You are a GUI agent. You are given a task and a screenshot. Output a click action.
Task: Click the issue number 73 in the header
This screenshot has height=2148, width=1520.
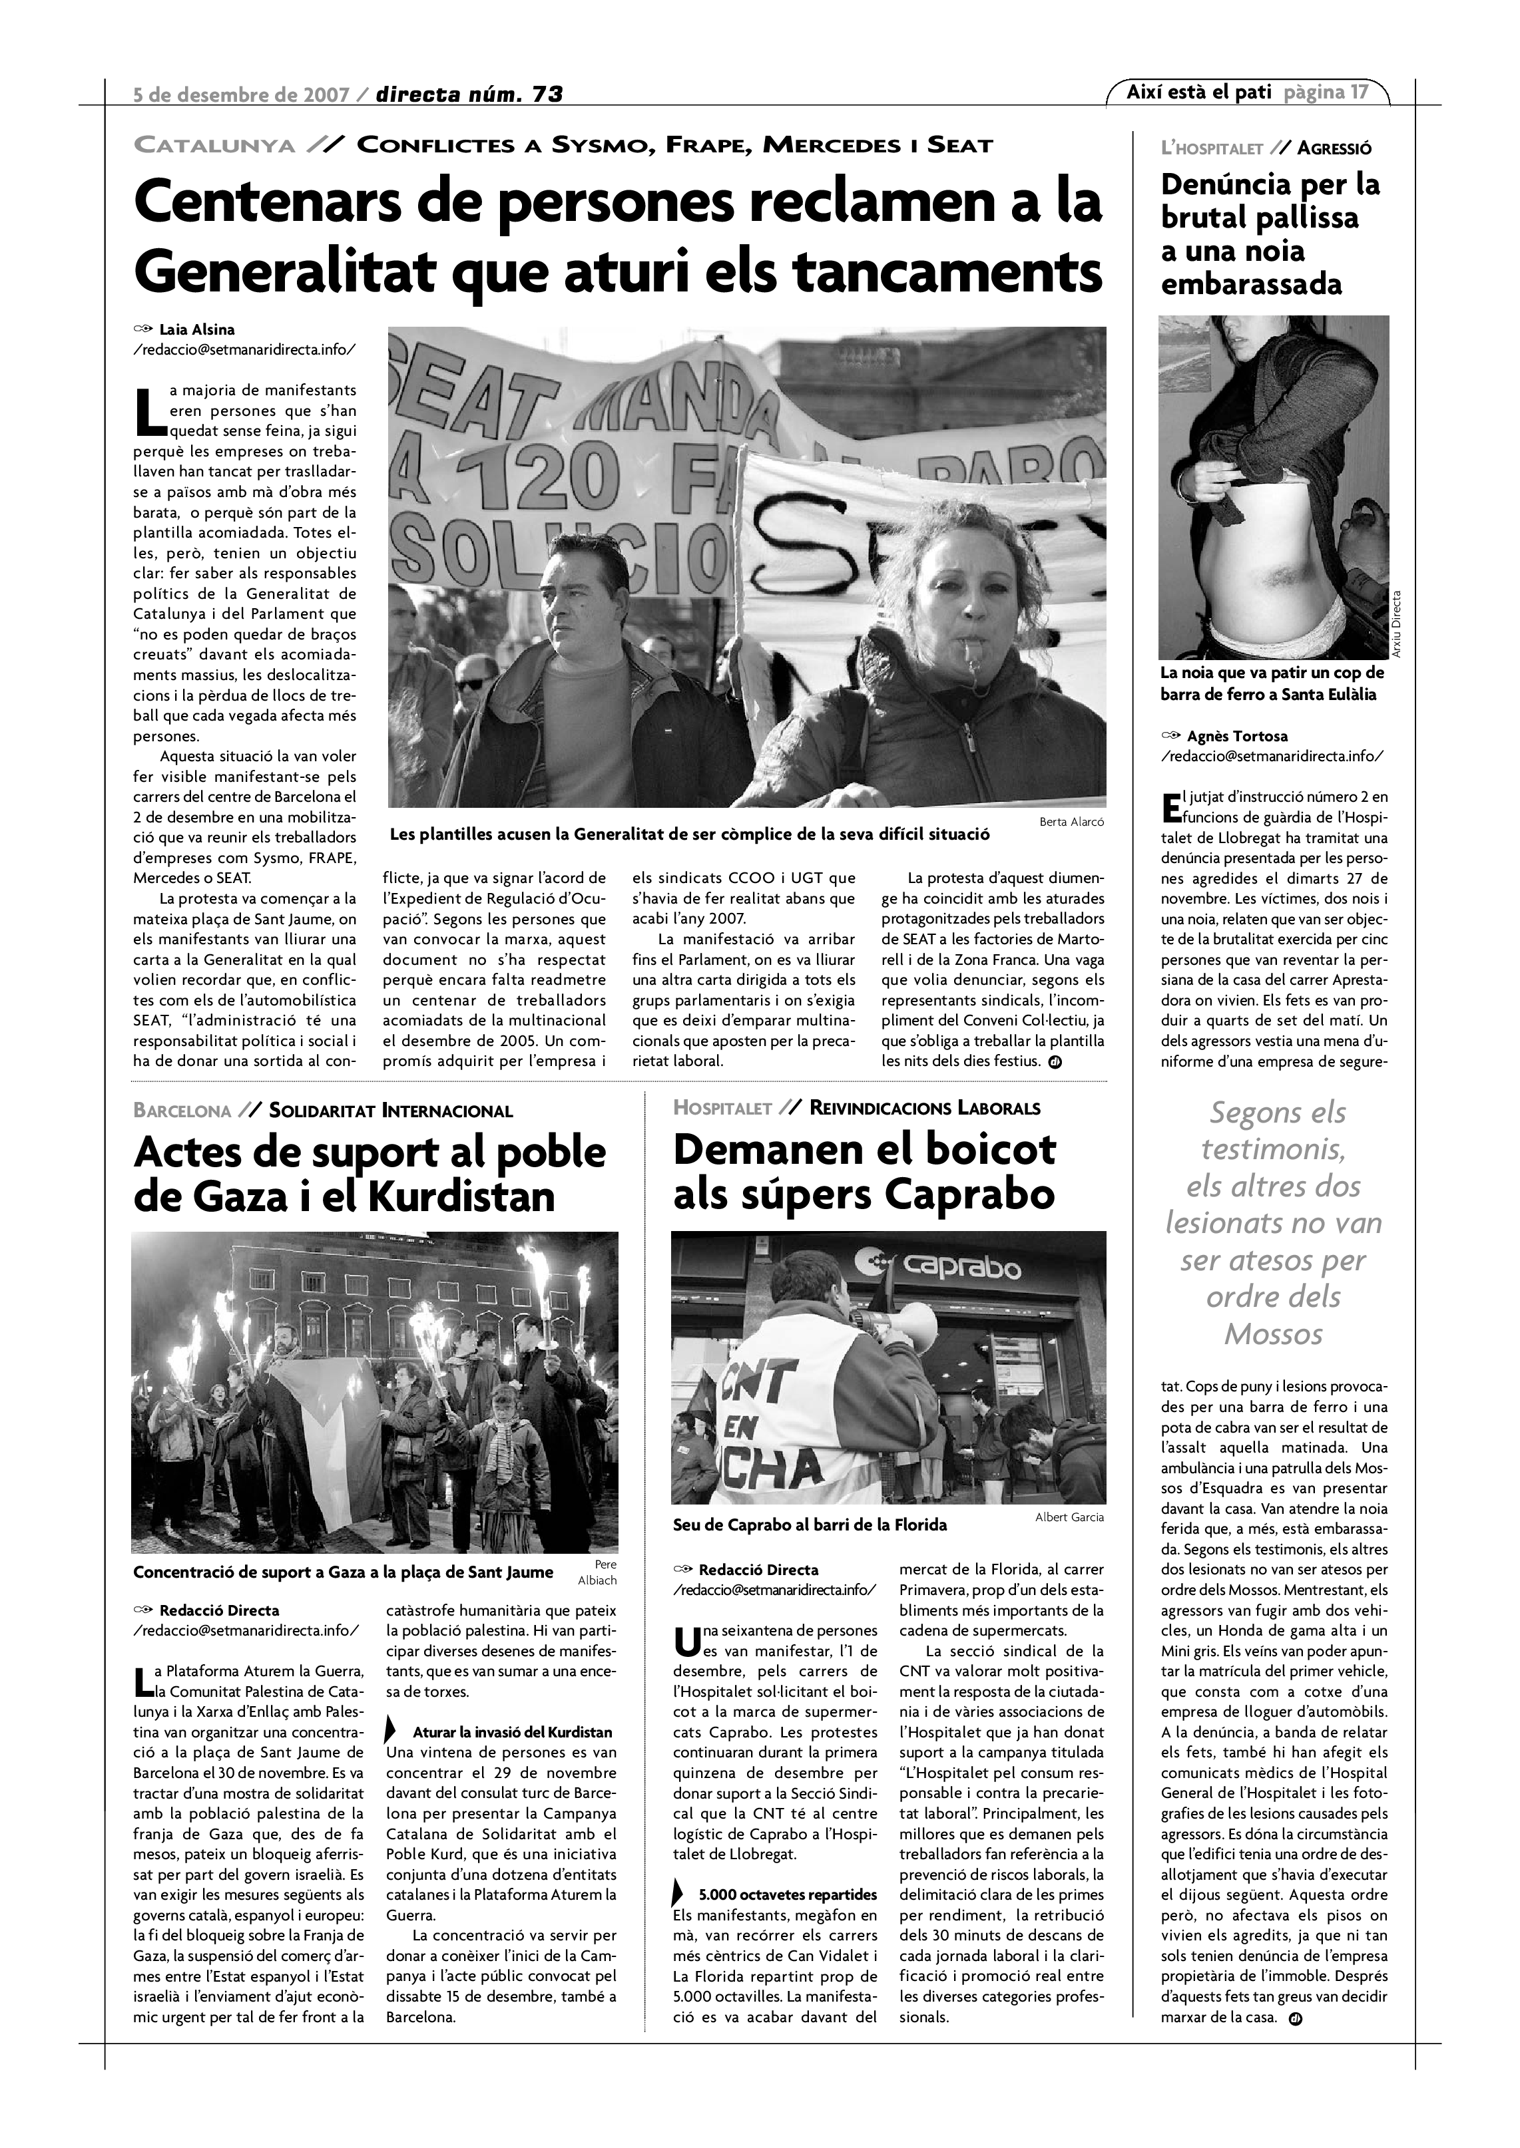pos(547,94)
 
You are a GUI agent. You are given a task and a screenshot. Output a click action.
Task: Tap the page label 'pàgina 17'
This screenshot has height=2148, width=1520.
pos(1326,92)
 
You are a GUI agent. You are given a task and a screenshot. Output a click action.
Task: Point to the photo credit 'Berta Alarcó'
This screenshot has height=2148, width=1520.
pos(1072,821)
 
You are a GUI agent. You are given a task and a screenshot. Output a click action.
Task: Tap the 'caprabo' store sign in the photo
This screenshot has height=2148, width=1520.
pos(959,1268)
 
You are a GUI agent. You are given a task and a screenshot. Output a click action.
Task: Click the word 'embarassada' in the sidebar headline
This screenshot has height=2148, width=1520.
pos(1252,283)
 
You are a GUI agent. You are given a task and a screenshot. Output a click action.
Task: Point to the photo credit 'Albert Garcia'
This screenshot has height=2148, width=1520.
pos(1069,1517)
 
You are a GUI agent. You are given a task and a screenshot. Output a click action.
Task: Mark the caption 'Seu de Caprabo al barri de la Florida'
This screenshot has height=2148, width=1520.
pos(810,1525)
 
